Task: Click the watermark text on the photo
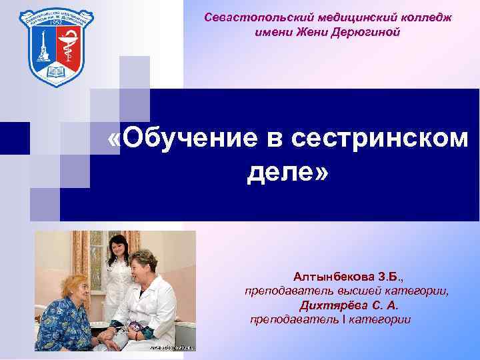[171, 347]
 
